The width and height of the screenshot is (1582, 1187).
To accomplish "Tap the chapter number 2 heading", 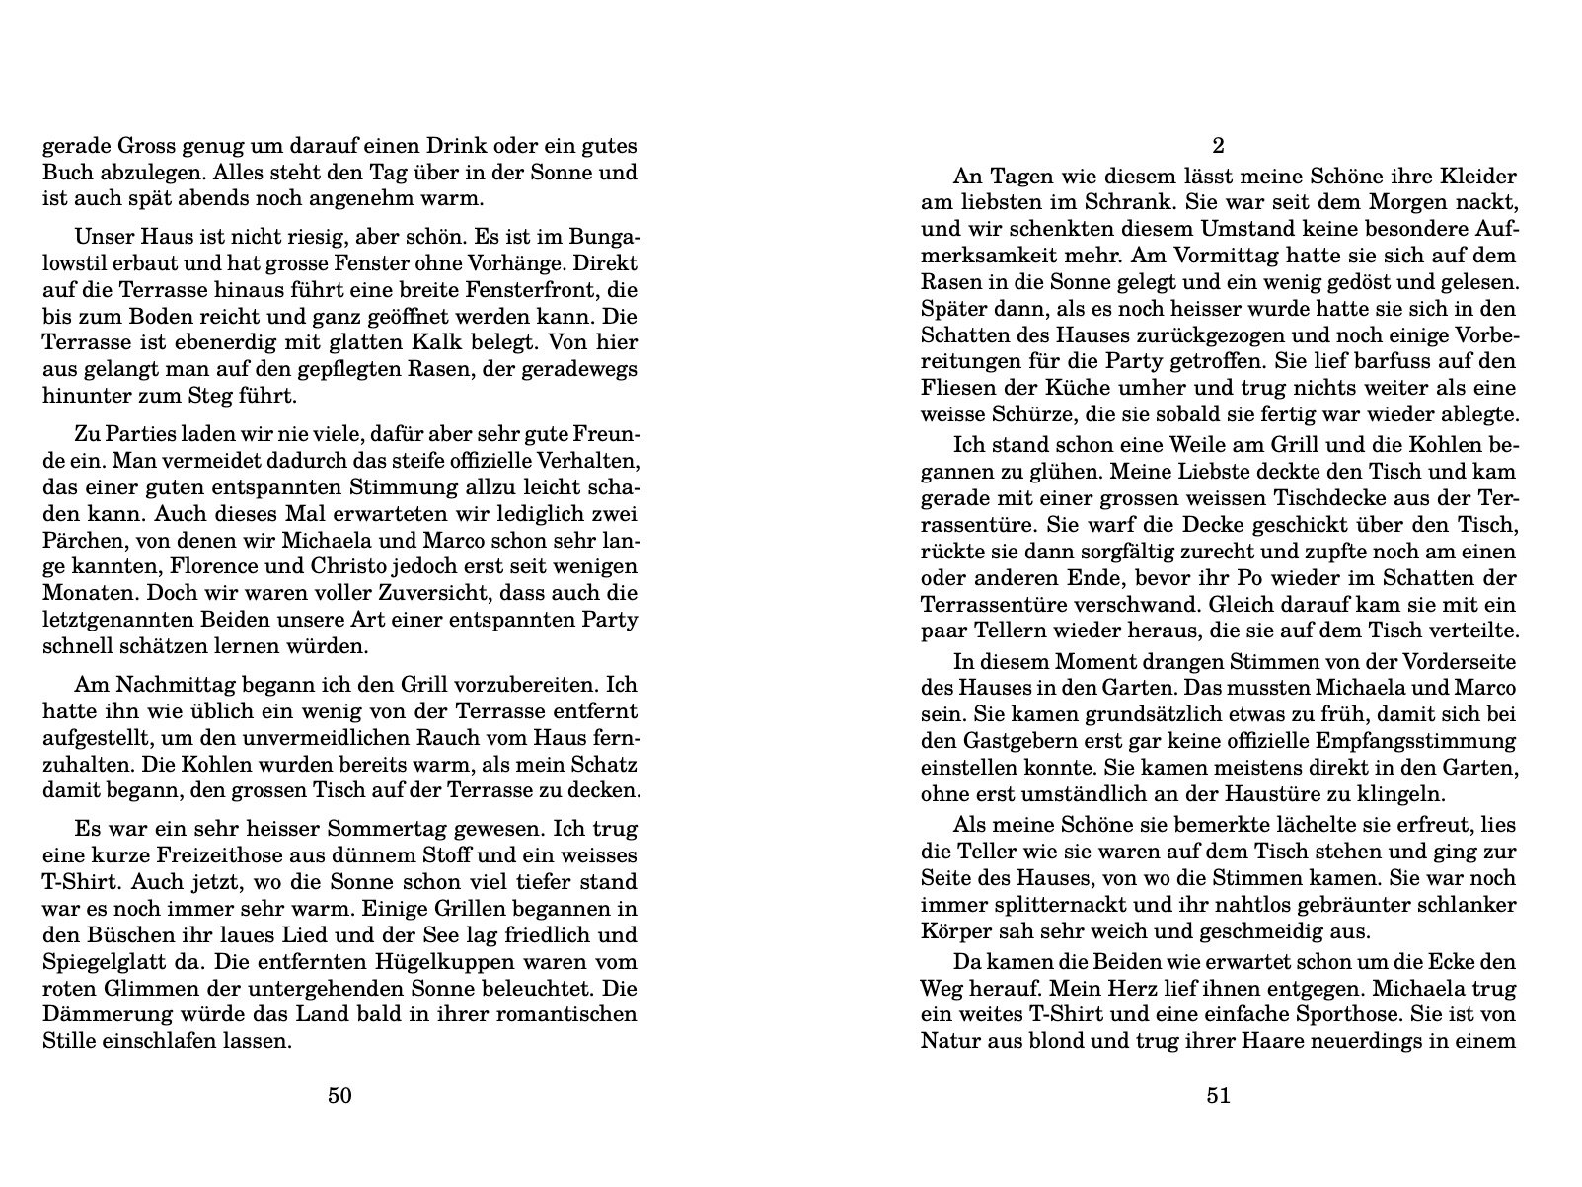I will [1218, 146].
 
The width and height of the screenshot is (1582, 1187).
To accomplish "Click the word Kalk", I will [412, 344].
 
